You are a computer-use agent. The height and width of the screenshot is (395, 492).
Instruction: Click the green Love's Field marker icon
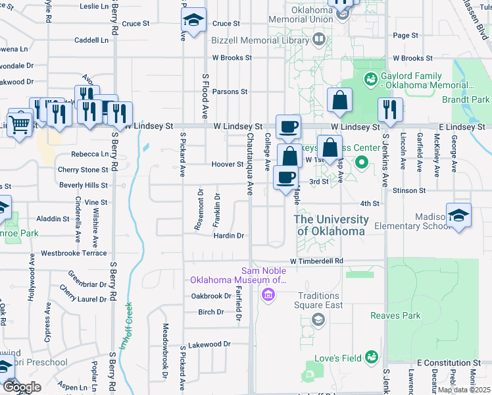pyautogui.click(x=372, y=356)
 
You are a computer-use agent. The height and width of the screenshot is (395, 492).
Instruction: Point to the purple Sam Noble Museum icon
pyautogui.click(x=267, y=294)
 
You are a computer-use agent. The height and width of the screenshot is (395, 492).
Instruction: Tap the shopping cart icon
pyautogui.click(x=20, y=122)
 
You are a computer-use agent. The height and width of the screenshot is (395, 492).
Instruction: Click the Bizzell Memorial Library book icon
pyautogui.click(x=319, y=40)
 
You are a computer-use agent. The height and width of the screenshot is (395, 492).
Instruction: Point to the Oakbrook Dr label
pyautogui.click(x=210, y=296)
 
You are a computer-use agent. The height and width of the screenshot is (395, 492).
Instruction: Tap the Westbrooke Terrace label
pyautogui.click(x=74, y=253)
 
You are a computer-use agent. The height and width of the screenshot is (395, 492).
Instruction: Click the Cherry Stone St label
pyautogui.click(x=78, y=170)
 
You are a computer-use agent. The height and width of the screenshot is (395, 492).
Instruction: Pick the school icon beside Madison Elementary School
pyautogui.click(x=458, y=215)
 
